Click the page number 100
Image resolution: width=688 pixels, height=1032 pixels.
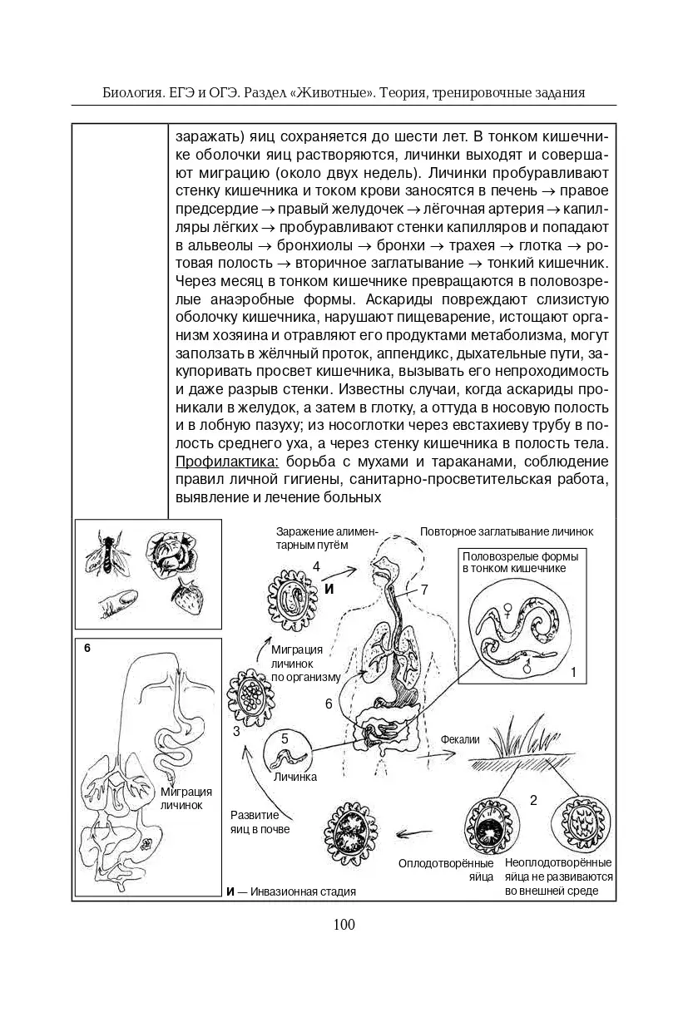(344, 924)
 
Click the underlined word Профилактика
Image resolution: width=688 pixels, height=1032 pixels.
(228, 462)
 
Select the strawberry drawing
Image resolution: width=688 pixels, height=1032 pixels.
(187, 595)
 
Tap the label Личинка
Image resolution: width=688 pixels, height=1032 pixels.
(295, 778)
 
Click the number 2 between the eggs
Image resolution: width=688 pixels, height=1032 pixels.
(533, 801)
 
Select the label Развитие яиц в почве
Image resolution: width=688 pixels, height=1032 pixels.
(260, 822)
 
